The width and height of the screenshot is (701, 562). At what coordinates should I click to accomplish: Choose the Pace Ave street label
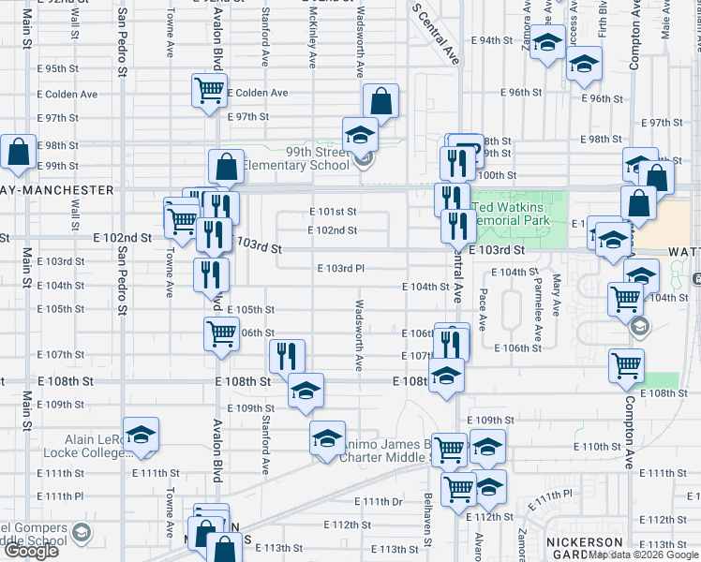coord(483,309)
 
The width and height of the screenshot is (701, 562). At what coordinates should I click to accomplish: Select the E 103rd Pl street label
coord(339,269)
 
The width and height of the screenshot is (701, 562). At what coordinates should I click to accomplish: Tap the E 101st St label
coord(333,212)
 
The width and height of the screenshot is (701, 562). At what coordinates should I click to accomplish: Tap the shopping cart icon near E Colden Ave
coord(208,91)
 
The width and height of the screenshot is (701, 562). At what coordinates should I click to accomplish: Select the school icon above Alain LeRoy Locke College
coord(141,434)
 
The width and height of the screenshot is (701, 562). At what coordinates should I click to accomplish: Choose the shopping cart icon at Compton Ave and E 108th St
coord(626,366)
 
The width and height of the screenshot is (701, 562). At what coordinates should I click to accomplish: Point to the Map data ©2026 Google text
coord(644,555)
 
